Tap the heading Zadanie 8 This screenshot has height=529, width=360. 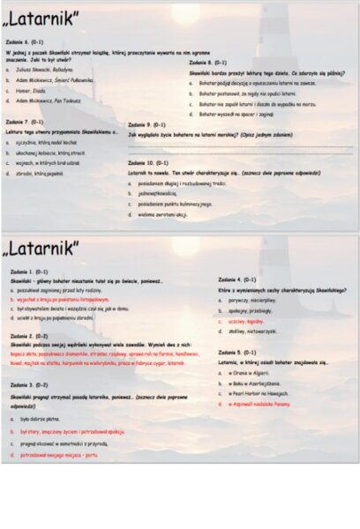click(x=207, y=63)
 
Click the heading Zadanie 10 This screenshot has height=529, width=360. click(x=148, y=163)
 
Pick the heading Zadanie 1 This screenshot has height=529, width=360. click(x=29, y=272)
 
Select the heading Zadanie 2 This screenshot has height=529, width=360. click(x=29, y=336)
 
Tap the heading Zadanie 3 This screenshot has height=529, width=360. click(x=29, y=385)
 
